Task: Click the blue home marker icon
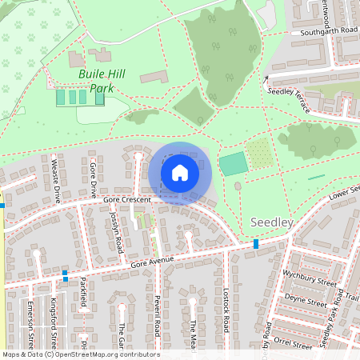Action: (x=180, y=172)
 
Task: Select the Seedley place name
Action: (x=272, y=222)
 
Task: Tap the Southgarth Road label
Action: (x=329, y=30)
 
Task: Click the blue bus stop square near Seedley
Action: (x=256, y=243)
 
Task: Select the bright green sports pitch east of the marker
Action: (x=232, y=165)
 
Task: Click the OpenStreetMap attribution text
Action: (x=81, y=354)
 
